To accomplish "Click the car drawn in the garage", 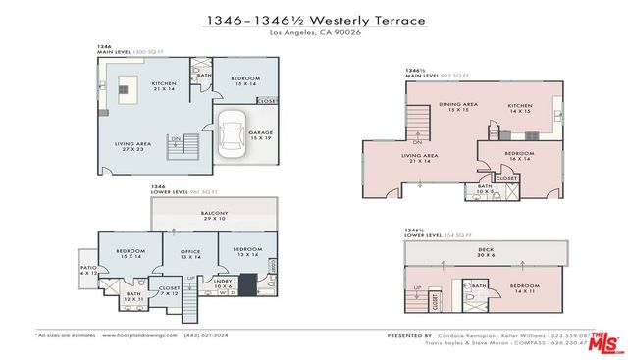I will [x=234, y=134].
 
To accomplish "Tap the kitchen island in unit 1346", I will [x=126, y=89].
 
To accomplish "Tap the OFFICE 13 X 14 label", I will [x=189, y=254].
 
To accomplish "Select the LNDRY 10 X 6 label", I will [x=222, y=283].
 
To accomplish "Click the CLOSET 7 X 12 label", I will [x=169, y=290].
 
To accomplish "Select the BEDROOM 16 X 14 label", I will [x=518, y=155].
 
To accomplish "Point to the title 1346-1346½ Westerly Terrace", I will [x=313, y=19].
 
